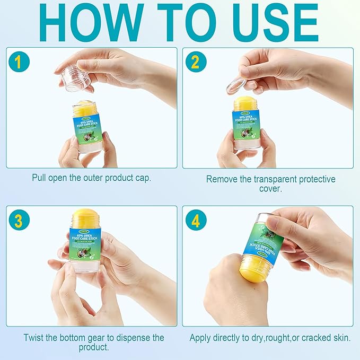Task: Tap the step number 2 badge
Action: tap(196, 63)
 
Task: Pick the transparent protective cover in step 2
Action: tap(236, 85)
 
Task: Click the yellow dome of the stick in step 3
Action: tap(85, 218)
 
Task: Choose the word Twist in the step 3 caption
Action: tap(34, 337)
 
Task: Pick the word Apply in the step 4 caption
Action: tap(201, 337)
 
